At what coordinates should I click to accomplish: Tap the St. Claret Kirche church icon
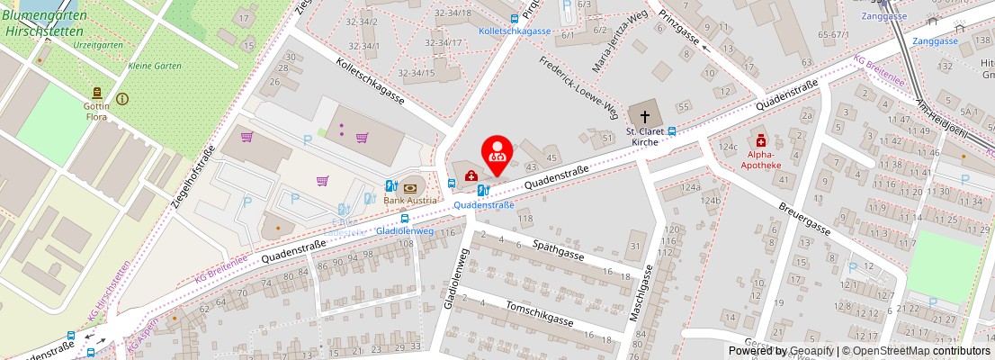coord(644,115)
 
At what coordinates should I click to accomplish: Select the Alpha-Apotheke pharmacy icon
coord(761,140)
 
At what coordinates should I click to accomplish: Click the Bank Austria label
coord(410,200)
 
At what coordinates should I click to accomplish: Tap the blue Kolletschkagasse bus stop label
coord(515,31)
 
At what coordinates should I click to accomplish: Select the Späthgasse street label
coord(558,252)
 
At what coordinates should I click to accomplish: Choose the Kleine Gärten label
coord(154,66)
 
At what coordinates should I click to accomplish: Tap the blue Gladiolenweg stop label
coord(404,231)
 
